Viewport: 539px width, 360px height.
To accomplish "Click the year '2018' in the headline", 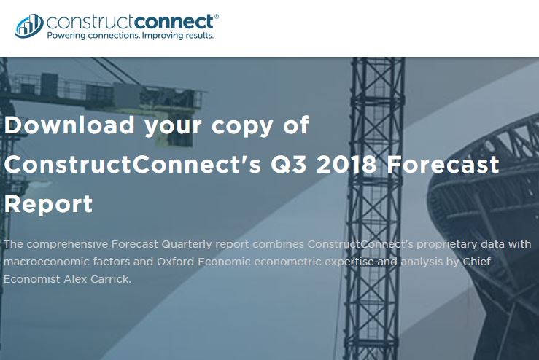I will tap(347, 164).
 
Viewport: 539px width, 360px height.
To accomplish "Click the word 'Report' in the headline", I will tap(48, 203).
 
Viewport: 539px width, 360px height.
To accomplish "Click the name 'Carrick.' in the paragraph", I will tap(112, 278).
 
